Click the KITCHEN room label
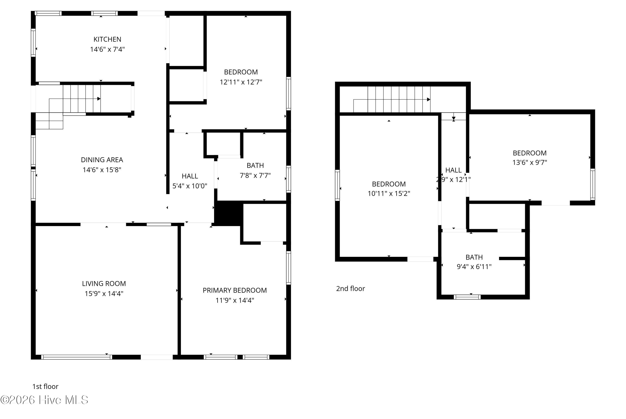point(107,39)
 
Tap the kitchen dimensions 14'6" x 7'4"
point(107,49)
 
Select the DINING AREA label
point(102,160)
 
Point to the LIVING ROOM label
point(104,284)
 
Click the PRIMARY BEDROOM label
point(235,290)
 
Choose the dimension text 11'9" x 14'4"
point(235,300)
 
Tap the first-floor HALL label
point(190,176)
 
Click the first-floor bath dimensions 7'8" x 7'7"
point(255,175)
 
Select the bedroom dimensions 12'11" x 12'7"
point(241,82)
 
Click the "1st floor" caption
point(45,386)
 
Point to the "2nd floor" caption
point(350,289)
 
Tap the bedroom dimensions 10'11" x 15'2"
point(389,194)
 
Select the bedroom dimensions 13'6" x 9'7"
point(530,162)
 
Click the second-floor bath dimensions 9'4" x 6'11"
point(474,267)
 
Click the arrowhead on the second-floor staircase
point(429,99)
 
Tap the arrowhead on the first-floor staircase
point(99,99)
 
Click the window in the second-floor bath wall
point(467,297)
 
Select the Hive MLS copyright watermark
point(44,400)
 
